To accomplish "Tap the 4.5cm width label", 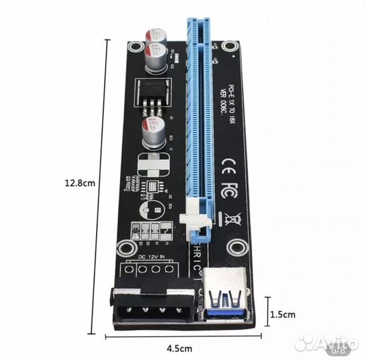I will (x=180, y=348).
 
